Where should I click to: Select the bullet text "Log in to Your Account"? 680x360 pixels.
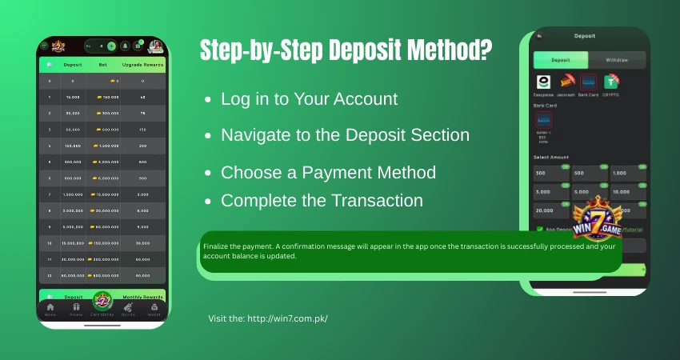click(309, 99)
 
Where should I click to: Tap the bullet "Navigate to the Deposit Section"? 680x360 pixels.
click(345, 135)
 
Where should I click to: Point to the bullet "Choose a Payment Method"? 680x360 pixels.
click(328, 172)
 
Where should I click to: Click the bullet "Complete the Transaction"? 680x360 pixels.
click(322, 200)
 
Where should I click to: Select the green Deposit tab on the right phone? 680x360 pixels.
click(561, 60)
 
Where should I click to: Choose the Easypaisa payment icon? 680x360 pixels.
click(544, 82)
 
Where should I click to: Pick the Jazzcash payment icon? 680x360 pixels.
click(566, 82)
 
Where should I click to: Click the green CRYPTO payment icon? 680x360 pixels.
click(612, 82)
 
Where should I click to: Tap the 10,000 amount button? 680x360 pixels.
click(629, 193)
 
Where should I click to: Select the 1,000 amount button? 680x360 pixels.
click(629, 174)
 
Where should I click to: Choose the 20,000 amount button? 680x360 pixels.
click(550, 211)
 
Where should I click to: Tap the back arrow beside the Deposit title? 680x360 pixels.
click(539, 36)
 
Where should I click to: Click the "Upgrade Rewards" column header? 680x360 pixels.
click(143, 64)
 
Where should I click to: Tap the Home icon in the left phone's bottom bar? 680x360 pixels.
click(50, 308)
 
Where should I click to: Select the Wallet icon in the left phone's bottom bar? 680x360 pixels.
click(154, 308)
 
